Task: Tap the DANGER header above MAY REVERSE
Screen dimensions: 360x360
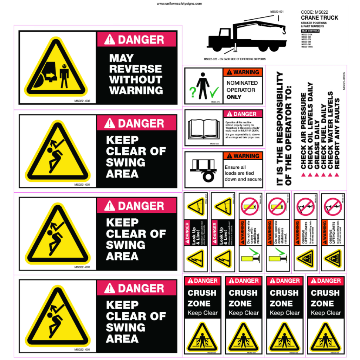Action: click(136, 40)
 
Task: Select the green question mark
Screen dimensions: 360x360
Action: click(192, 92)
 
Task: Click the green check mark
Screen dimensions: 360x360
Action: click(214, 92)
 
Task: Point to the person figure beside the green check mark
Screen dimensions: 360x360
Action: click(203, 86)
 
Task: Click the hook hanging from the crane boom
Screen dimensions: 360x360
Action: click(284, 31)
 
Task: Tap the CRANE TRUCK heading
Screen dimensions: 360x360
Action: click(320, 18)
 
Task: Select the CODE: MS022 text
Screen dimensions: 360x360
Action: click(315, 12)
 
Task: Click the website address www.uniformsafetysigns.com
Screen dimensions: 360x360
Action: click(179, 4)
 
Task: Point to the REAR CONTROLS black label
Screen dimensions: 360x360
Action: click(310, 31)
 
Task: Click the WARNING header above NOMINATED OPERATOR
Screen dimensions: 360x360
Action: click(243, 72)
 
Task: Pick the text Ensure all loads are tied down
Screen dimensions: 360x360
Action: click(243, 173)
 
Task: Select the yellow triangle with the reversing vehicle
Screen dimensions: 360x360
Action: click(55, 69)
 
